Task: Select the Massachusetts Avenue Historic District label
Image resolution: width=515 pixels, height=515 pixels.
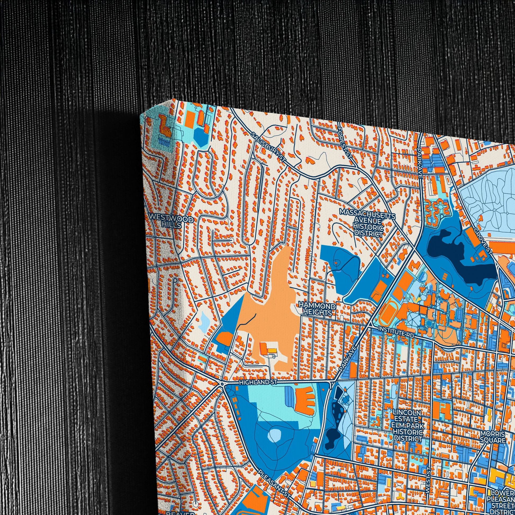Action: coord(368,223)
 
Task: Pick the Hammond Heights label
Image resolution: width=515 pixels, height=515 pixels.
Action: coord(317,309)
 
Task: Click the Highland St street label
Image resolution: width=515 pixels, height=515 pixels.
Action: coord(258,382)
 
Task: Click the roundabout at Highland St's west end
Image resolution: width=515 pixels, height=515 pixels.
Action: coord(222,383)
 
